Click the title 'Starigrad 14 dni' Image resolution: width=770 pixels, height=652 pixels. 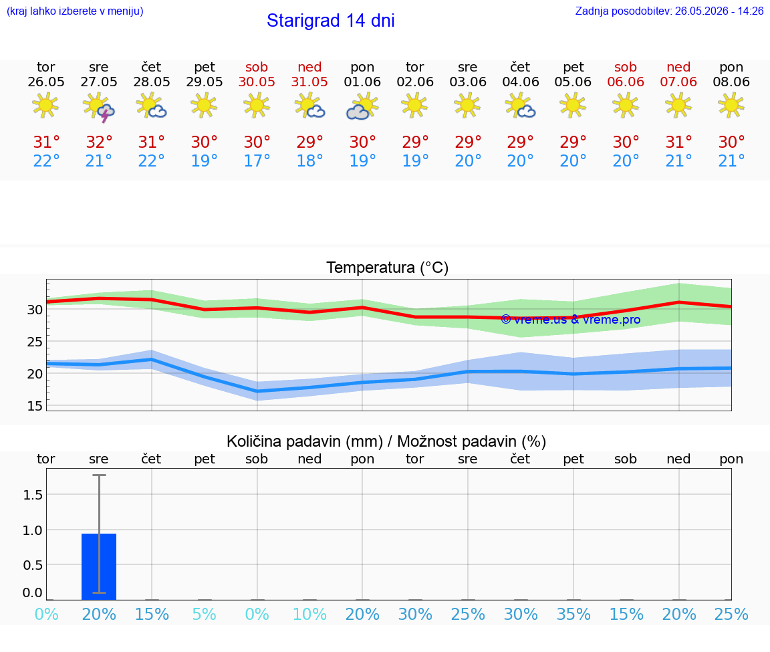click(330, 21)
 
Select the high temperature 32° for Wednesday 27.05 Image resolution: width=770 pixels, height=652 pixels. click(99, 142)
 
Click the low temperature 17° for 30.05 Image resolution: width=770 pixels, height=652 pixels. click(257, 160)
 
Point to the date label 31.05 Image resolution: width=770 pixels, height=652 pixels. click(309, 82)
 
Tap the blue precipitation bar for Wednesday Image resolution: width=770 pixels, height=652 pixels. click(99, 566)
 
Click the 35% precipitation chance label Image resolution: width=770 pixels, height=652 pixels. click(573, 614)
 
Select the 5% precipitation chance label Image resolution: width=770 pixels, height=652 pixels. click(205, 614)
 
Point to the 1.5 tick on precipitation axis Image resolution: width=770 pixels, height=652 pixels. click(33, 495)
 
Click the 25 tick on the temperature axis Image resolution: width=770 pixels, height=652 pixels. click(34, 342)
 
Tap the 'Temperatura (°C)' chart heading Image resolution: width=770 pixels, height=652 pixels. click(388, 267)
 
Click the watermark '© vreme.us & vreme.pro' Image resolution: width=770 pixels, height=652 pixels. click(571, 320)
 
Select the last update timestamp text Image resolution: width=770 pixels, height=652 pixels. click(669, 11)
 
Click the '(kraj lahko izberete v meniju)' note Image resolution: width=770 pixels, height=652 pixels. click(75, 11)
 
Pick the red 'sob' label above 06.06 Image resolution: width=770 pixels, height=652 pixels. click(626, 67)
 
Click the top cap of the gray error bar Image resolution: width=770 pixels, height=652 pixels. click(99, 475)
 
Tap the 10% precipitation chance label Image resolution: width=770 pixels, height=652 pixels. click(309, 614)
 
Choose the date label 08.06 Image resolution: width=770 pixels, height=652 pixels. click(731, 82)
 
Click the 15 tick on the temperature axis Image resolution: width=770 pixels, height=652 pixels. click(34, 406)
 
